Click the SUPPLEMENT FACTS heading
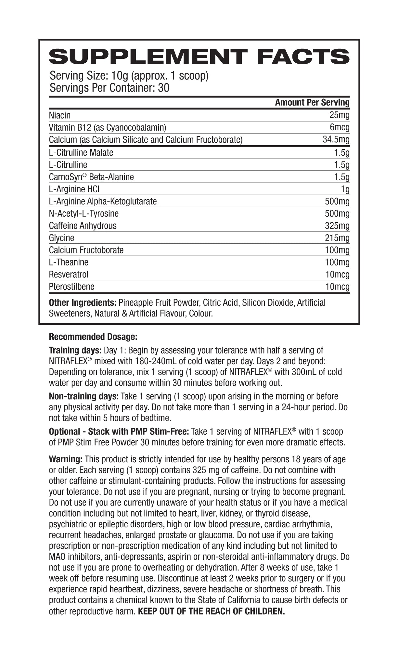click(x=199, y=57)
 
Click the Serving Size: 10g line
click(x=129, y=76)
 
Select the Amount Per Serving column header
click(x=312, y=102)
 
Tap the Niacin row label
click(x=59, y=115)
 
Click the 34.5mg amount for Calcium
click(x=336, y=140)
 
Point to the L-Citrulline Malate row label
click(x=81, y=152)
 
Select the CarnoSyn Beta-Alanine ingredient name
click(x=91, y=177)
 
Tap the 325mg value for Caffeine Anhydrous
click(x=337, y=226)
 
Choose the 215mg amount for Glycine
click(x=337, y=238)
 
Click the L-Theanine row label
click(x=68, y=262)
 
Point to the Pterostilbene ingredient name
click(x=71, y=287)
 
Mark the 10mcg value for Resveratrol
click(x=337, y=275)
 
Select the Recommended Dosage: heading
click(x=93, y=337)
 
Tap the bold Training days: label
click(x=75, y=351)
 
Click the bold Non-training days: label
click(x=84, y=396)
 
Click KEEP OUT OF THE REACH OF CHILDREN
click(x=211, y=611)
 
